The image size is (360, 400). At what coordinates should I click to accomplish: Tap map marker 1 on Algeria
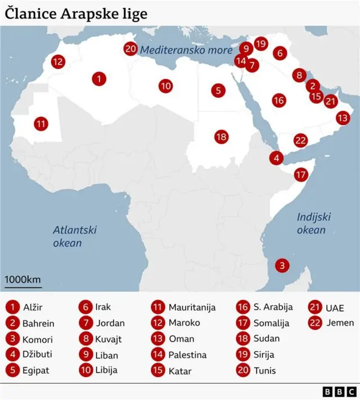99,79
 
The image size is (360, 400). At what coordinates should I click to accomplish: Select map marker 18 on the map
221,136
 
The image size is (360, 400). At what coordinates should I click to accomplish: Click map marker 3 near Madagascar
283,264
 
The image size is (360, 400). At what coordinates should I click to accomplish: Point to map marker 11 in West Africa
40,123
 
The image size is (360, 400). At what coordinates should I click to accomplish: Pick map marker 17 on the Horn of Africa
301,174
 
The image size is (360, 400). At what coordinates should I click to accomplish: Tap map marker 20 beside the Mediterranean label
130,49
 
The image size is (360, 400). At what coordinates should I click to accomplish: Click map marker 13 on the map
343,118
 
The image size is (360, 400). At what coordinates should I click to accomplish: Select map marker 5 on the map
218,89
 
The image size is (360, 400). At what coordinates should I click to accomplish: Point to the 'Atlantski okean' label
75,236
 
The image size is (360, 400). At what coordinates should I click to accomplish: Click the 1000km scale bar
22,284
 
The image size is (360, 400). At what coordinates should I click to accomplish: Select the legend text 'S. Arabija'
273,307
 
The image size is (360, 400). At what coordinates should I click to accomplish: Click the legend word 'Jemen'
340,323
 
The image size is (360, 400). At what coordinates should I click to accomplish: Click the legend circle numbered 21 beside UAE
315,307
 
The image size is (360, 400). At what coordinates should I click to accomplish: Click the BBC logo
339,391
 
